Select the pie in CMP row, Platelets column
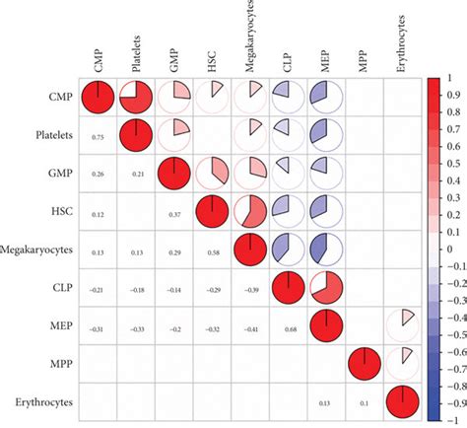coord(135,99)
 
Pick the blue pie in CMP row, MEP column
coord(325,99)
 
